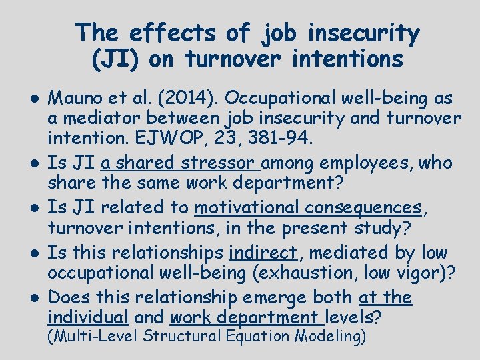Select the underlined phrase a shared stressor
[180, 163]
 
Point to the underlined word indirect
[262, 253]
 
